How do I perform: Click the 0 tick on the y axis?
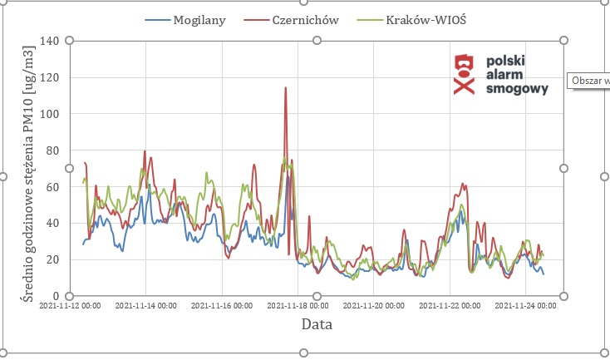[x=57, y=296]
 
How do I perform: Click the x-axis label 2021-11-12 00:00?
[x=70, y=307]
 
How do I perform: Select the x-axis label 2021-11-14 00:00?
[x=145, y=307]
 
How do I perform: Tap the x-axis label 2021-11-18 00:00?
[x=298, y=307]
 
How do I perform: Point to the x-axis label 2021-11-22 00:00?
[x=450, y=307]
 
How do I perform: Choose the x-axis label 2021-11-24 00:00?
[x=525, y=307]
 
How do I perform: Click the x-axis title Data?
[x=317, y=325]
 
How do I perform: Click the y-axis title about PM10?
[x=27, y=168]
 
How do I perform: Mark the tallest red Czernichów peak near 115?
[x=286, y=88]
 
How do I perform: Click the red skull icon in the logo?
[x=463, y=74]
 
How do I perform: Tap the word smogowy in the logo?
[x=516, y=88]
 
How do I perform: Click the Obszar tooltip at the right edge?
[x=589, y=81]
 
